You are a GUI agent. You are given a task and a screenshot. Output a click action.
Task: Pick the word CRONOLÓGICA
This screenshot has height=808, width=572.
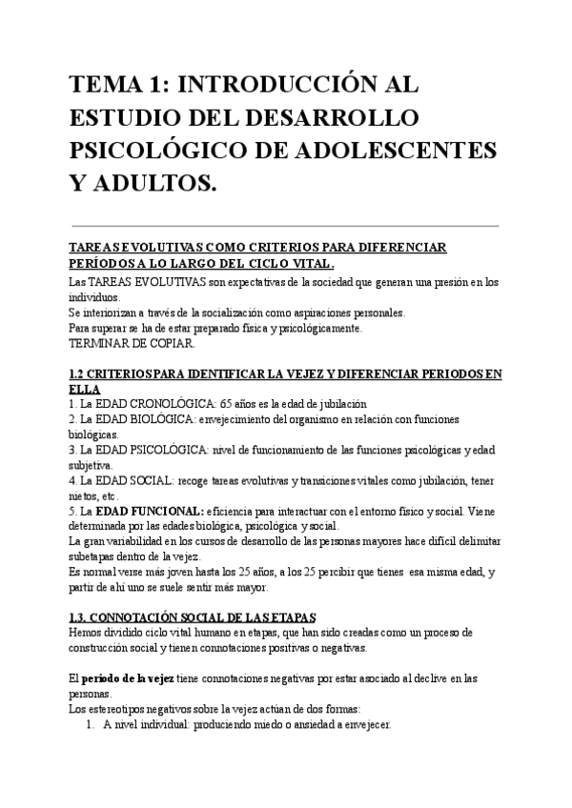click(164, 403)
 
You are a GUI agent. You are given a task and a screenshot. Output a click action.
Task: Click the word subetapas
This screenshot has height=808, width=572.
click(94, 556)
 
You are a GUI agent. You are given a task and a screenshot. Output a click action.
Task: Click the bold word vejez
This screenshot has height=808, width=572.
click(194, 678)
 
